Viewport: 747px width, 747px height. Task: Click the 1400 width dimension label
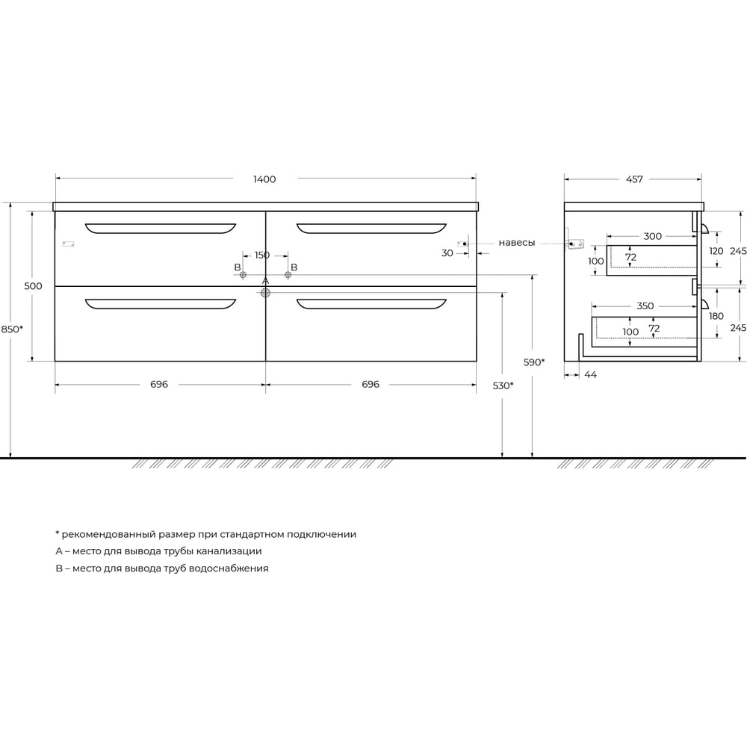[x=264, y=179]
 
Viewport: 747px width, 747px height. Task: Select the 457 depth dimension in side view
[x=634, y=179]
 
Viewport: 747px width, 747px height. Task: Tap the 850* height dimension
[x=12, y=329]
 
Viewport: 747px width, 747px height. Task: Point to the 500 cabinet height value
[x=33, y=286]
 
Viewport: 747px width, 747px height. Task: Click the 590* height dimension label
[x=534, y=362]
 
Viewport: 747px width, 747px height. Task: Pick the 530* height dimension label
[x=503, y=385]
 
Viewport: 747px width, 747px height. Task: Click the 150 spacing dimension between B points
[x=262, y=255]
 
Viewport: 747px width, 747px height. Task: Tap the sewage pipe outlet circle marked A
[x=265, y=293]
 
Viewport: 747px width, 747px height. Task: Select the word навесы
[x=517, y=243]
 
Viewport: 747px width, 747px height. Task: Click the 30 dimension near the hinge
[x=447, y=253]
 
